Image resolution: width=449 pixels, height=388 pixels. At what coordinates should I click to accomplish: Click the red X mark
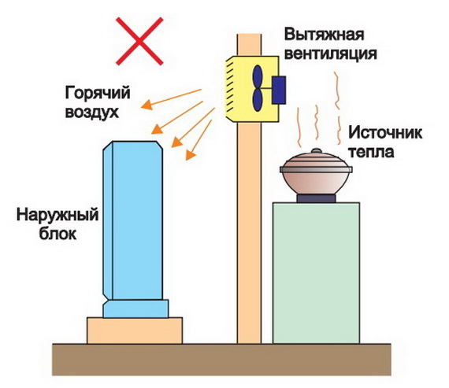139,41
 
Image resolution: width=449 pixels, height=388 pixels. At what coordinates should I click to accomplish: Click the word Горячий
98,94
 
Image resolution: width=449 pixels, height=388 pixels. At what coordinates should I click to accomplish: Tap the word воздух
92,113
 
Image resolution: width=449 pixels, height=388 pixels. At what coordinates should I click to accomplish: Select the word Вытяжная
325,35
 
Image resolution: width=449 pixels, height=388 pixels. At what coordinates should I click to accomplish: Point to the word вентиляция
331,54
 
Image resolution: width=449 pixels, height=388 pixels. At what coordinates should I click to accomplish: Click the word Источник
385,133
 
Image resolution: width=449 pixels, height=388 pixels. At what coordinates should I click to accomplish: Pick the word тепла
371,152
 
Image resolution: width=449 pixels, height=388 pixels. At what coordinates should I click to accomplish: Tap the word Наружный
58,215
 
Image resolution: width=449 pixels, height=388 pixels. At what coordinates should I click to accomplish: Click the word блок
58,234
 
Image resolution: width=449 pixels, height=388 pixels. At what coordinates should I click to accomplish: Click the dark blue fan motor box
279,90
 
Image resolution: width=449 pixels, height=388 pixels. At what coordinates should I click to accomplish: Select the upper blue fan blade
258,76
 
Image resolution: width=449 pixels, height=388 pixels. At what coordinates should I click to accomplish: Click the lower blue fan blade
258,100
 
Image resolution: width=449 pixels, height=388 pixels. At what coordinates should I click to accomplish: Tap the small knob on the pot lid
316,150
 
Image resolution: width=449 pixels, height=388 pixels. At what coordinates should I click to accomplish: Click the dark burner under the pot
316,198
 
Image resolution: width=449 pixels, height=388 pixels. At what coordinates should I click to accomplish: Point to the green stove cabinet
316,273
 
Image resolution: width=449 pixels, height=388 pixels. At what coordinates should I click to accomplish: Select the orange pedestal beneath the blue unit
135,331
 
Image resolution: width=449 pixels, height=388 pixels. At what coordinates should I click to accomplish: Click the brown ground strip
221,360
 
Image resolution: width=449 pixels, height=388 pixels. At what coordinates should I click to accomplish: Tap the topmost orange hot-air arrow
171,99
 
